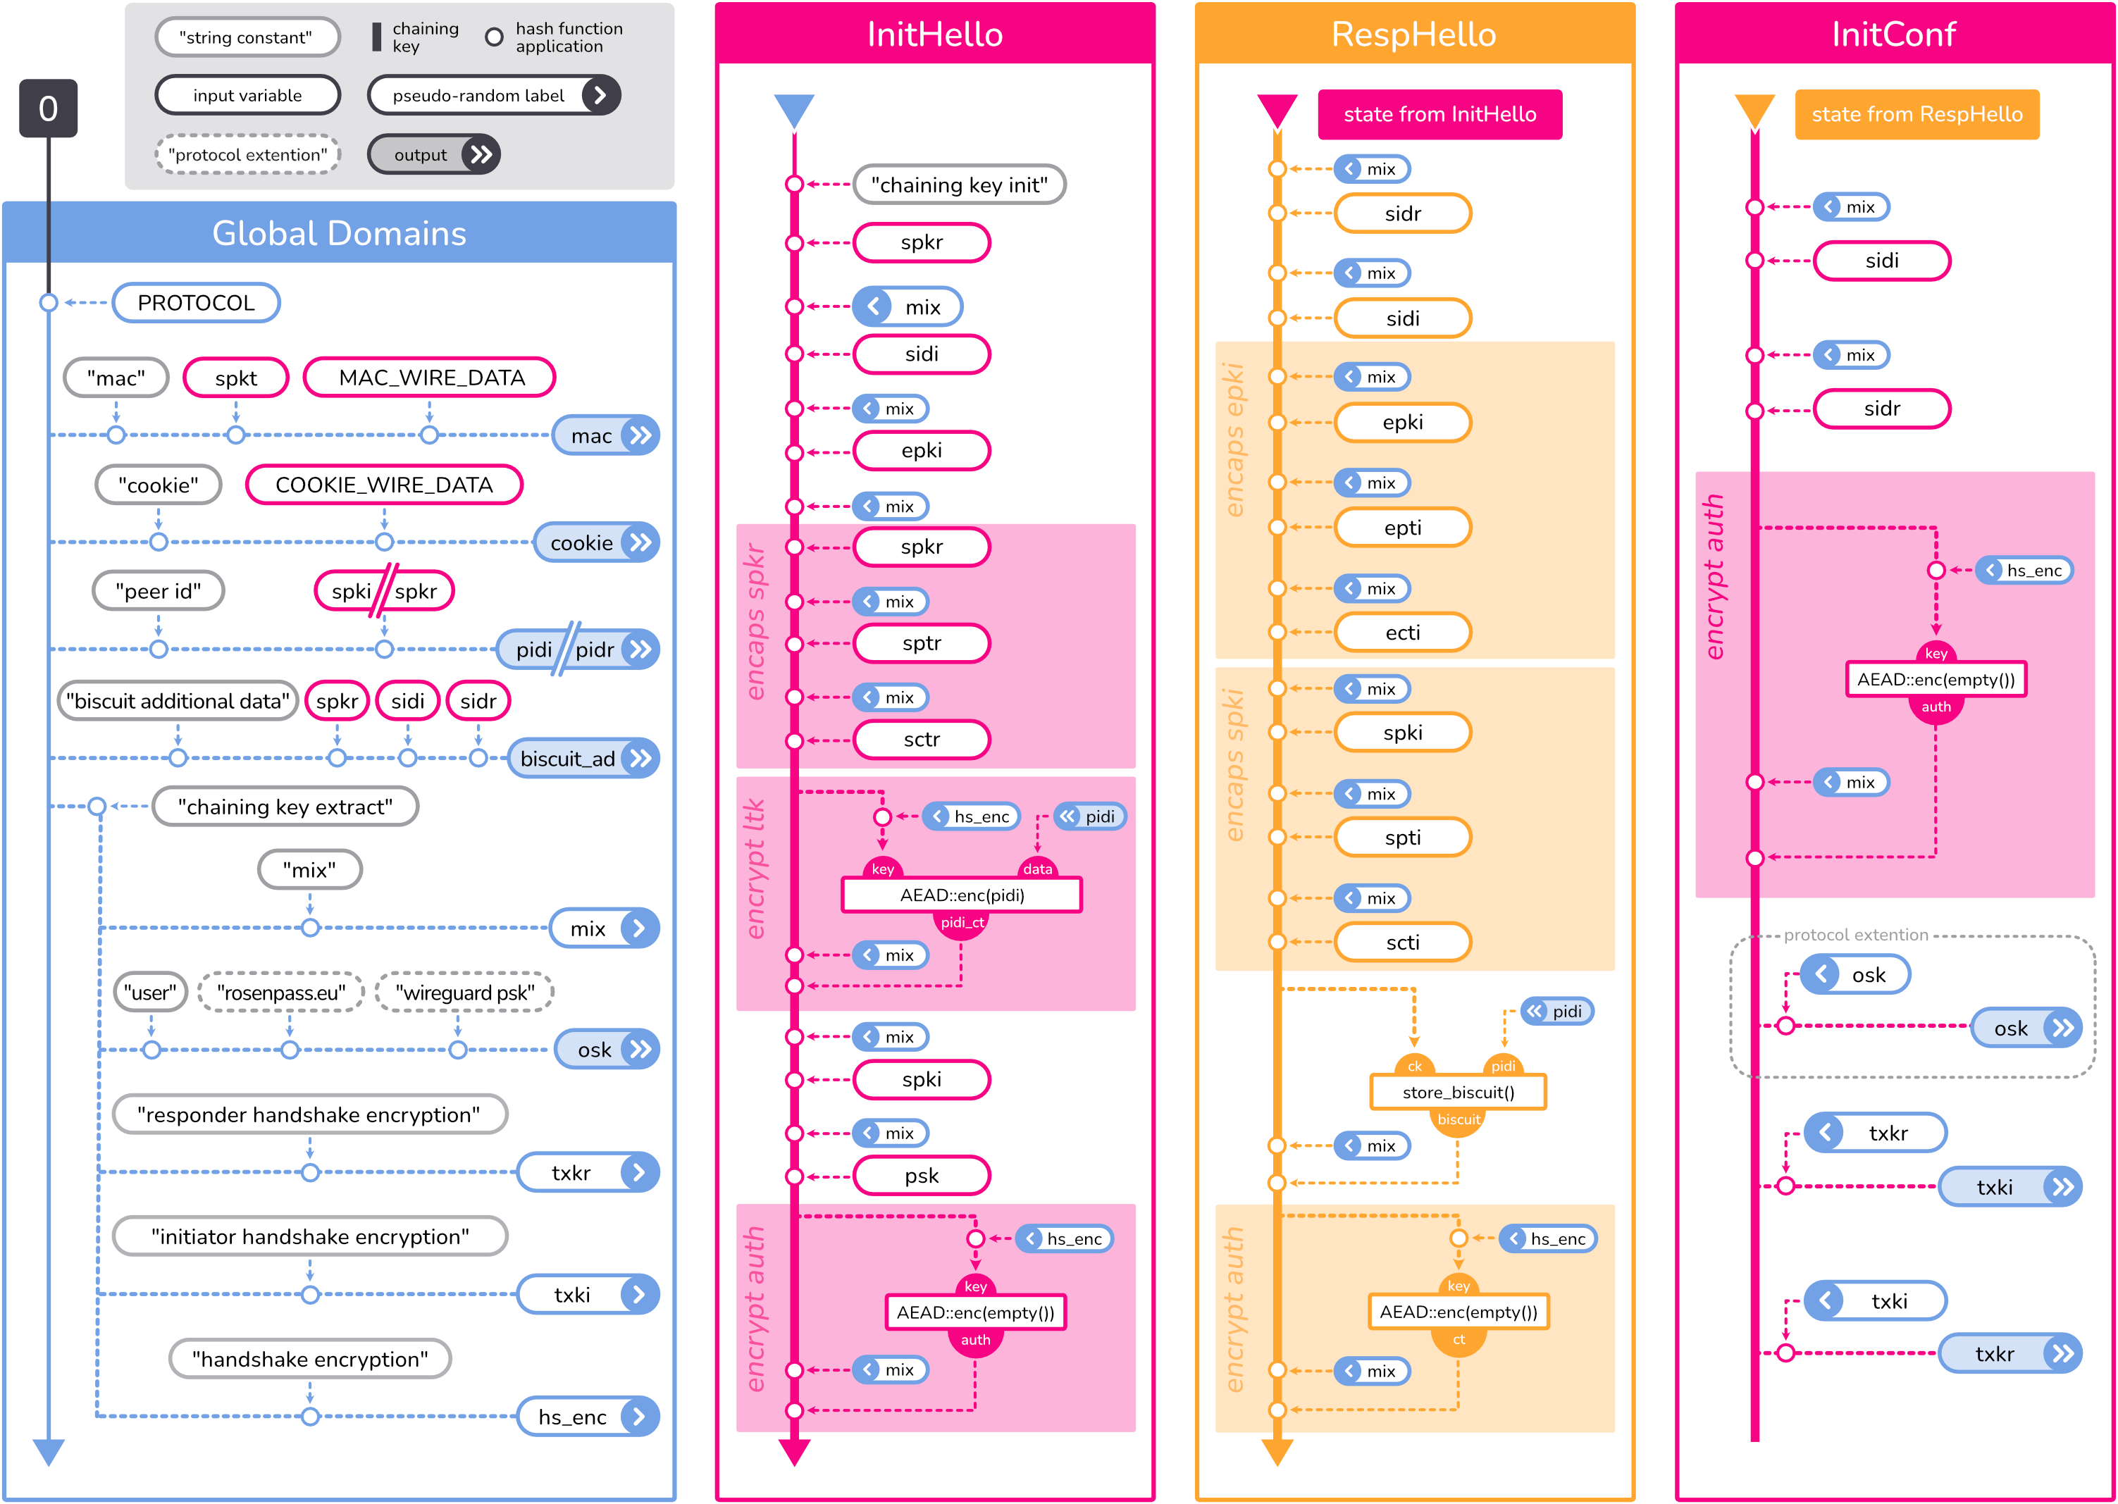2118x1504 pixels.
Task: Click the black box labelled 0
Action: [48, 108]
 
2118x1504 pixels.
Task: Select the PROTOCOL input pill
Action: [195, 303]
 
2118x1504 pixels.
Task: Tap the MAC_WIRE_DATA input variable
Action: [431, 378]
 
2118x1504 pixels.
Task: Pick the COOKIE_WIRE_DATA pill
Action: [383, 485]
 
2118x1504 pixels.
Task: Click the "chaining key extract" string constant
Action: [285, 807]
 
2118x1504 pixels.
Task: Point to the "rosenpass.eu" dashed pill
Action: [282, 993]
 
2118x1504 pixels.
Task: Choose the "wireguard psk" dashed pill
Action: [465, 993]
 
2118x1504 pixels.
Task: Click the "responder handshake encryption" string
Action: [309, 1115]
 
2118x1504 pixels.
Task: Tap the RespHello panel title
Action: [1413, 35]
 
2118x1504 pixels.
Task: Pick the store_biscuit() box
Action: [1458, 1093]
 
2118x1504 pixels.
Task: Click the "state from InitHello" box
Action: [1439, 115]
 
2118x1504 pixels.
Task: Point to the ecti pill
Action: [1402, 633]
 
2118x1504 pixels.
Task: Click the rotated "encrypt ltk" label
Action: [756, 869]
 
